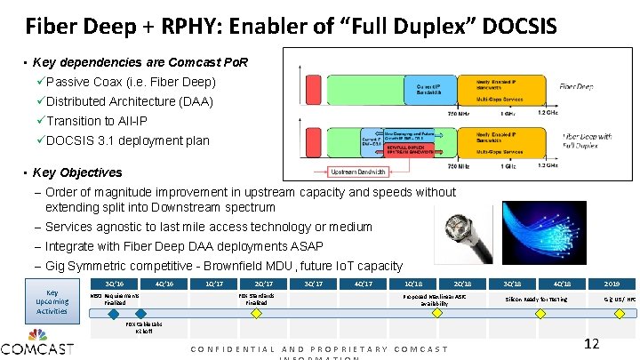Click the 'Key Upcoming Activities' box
[52, 301]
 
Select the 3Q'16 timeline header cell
[114, 284]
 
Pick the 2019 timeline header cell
[613, 284]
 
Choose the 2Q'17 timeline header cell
[263, 284]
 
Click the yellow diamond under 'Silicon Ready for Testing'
[536, 312]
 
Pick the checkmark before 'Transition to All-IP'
[40, 121]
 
